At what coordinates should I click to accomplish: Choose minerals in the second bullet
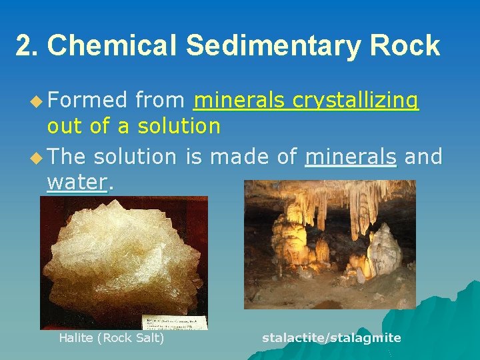[350, 157]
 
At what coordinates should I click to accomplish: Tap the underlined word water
[77, 182]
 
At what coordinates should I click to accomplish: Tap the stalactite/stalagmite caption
[331, 338]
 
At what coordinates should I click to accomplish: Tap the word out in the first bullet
[65, 126]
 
